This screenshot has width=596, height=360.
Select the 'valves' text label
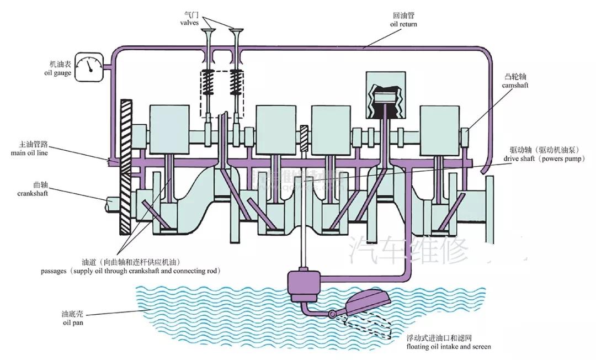click(188, 23)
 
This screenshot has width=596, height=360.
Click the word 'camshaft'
click(514, 86)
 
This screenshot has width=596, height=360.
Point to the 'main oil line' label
click(29, 153)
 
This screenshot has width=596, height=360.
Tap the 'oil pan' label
click(72, 322)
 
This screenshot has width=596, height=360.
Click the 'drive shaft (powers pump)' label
click(540, 158)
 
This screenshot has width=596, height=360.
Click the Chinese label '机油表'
click(59, 64)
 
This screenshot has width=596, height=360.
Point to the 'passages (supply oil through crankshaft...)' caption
click(130, 271)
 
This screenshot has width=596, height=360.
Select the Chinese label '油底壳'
click(72, 314)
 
